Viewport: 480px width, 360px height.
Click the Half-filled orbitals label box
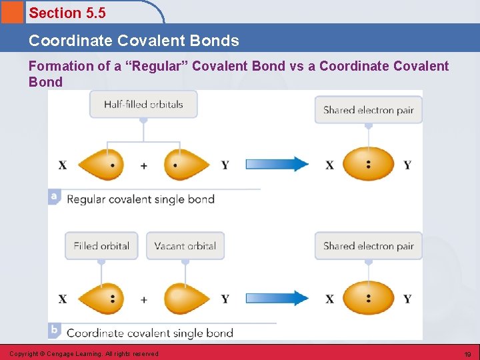pyautogui.click(x=143, y=104)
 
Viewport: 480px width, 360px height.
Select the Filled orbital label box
pyautogui.click(x=101, y=246)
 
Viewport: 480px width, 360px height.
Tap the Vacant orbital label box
pyautogui.click(x=185, y=246)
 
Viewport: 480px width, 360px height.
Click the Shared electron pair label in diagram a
pyautogui.click(x=368, y=110)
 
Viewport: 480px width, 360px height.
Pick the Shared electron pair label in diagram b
pyautogui.click(x=368, y=246)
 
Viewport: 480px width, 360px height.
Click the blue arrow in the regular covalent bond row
pyautogui.click(x=277, y=164)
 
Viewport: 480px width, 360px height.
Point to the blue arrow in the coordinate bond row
pyautogui.click(x=277, y=298)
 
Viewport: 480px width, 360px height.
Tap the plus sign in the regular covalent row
pyautogui.click(x=144, y=165)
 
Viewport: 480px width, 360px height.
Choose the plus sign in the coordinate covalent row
pyautogui.click(x=144, y=299)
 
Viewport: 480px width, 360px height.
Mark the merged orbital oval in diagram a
pyautogui.click(x=368, y=164)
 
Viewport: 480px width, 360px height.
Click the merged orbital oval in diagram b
pyautogui.click(x=368, y=298)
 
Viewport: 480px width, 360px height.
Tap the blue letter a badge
pyautogui.click(x=55, y=197)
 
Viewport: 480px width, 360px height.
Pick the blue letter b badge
pyautogui.click(x=55, y=331)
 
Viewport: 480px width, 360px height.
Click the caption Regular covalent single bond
pyautogui.click(x=141, y=199)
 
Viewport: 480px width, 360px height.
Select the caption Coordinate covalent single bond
pyautogui.click(x=150, y=333)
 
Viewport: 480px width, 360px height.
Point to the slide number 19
pyautogui.click(x=467, y=354)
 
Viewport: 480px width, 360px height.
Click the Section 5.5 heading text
pyautogui.click(x=67, y=13)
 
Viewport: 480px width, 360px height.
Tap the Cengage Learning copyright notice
pyautogui.click(x=84, y=354)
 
